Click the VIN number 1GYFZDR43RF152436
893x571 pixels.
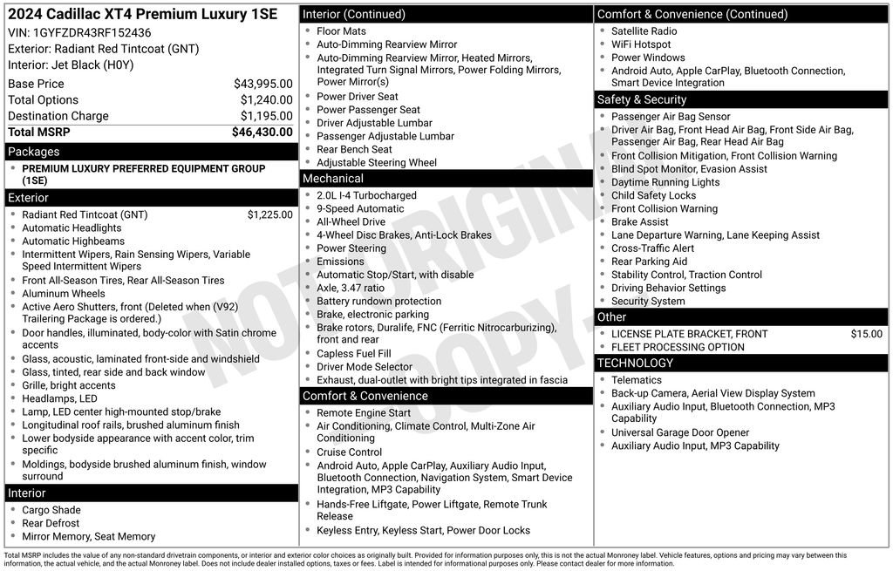click(93, 32)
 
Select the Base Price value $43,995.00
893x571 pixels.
click(262, 84)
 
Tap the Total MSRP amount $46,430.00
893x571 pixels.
click(262, 132)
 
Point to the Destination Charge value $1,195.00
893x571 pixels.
click(266, 116)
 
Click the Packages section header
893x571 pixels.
click(34, 152)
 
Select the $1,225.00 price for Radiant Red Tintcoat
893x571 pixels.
click(269, 214)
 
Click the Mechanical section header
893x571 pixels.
click(333, 179)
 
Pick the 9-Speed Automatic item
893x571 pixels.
click(360, 209)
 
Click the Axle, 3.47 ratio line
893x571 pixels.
click(350, 288)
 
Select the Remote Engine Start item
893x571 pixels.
click(363, 413)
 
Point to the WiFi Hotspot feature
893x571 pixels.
click(641, 44)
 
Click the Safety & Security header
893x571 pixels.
click(642, 99)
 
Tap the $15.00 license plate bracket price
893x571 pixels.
click(866, 334)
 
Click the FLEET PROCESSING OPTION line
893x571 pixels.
click(678, 347)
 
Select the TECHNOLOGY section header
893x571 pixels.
click(635, 363)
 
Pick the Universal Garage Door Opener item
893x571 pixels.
click(680, 432)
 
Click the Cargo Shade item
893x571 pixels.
click(51, 510)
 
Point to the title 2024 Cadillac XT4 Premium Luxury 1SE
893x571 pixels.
click(142, 14)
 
